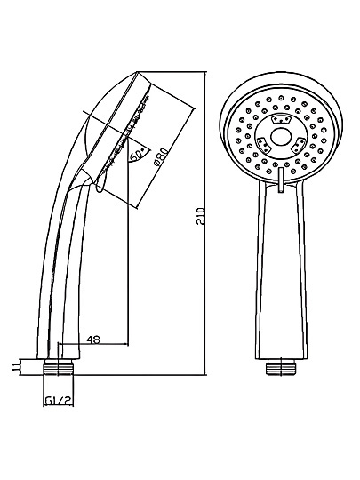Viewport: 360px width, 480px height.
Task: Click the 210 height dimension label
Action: click(x=200, y=217)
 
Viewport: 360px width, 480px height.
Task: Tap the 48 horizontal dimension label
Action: click(x=93, y=340)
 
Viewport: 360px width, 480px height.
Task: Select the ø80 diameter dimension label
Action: click(x=161, y=157)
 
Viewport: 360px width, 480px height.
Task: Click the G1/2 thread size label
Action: click(x=59, y=400)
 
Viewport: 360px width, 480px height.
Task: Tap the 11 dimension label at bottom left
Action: click(x=15, y=367)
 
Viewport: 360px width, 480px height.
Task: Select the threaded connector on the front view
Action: click(x=280, y=367)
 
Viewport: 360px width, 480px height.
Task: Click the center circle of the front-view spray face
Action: click(x=280, y=137)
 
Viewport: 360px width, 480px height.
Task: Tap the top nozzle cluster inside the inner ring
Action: click(x=281, y=119)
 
